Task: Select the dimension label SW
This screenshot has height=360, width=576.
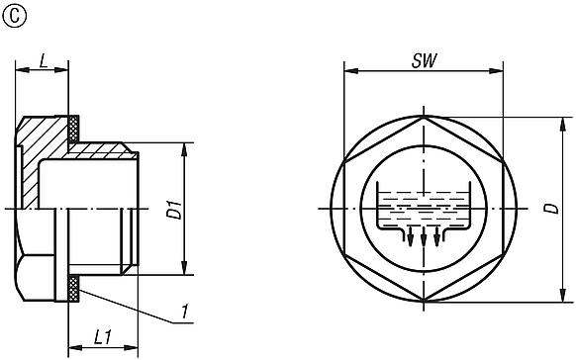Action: click(425, 59)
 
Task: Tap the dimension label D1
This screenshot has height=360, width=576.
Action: click(172, 210)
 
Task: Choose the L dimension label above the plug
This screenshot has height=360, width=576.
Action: click(43, 59)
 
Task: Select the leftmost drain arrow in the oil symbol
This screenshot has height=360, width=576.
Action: click(411, 237)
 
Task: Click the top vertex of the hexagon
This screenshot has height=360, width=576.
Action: click(425, 118)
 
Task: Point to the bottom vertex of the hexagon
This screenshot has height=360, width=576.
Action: click(425, 302)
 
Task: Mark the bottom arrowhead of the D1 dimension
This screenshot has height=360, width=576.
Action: click(184, 269)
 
